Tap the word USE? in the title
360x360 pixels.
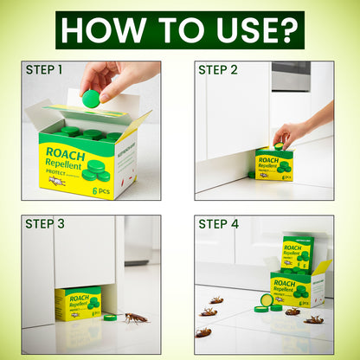point(257,29)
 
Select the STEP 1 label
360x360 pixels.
point(44,69)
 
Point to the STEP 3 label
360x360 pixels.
point(44,223)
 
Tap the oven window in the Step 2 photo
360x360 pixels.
point(290,75)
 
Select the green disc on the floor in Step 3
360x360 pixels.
point(110,317)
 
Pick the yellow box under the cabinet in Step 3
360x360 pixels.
point(78,304)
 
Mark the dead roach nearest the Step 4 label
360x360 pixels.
point(215,300)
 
